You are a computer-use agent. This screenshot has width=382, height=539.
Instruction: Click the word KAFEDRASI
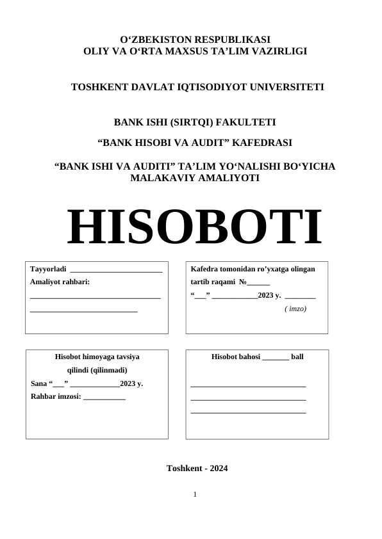(264, 142)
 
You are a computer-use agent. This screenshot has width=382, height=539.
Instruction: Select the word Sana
(38, 383)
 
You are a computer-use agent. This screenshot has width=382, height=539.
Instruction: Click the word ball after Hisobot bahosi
(297, 357)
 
